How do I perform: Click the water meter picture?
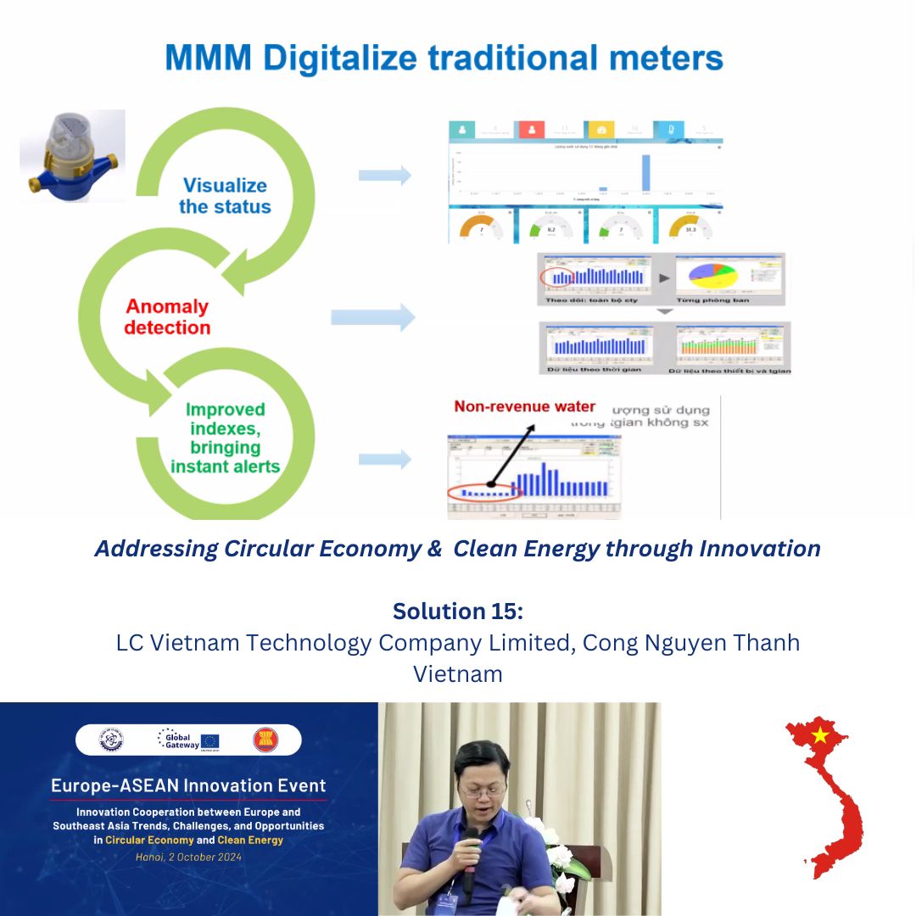click(72, 155)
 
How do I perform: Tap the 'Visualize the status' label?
click(225, 196)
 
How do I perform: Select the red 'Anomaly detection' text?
click(167, 316)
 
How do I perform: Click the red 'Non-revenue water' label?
click(524, 406)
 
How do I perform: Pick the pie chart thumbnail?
click(711, 276)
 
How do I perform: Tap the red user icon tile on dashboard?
click(531, 130)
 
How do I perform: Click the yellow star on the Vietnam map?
click(819, 735)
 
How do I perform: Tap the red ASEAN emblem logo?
click(265, 740)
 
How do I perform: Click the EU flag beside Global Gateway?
click(210, 740)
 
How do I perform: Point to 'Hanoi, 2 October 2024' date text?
click(188, 857)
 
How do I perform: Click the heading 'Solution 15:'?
click(457, 611)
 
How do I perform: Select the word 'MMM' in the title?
click(209, 58)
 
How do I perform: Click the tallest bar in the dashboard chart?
click(645, 172)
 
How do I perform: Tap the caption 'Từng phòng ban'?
click(710, 300)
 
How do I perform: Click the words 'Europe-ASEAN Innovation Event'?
click(188, 785)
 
